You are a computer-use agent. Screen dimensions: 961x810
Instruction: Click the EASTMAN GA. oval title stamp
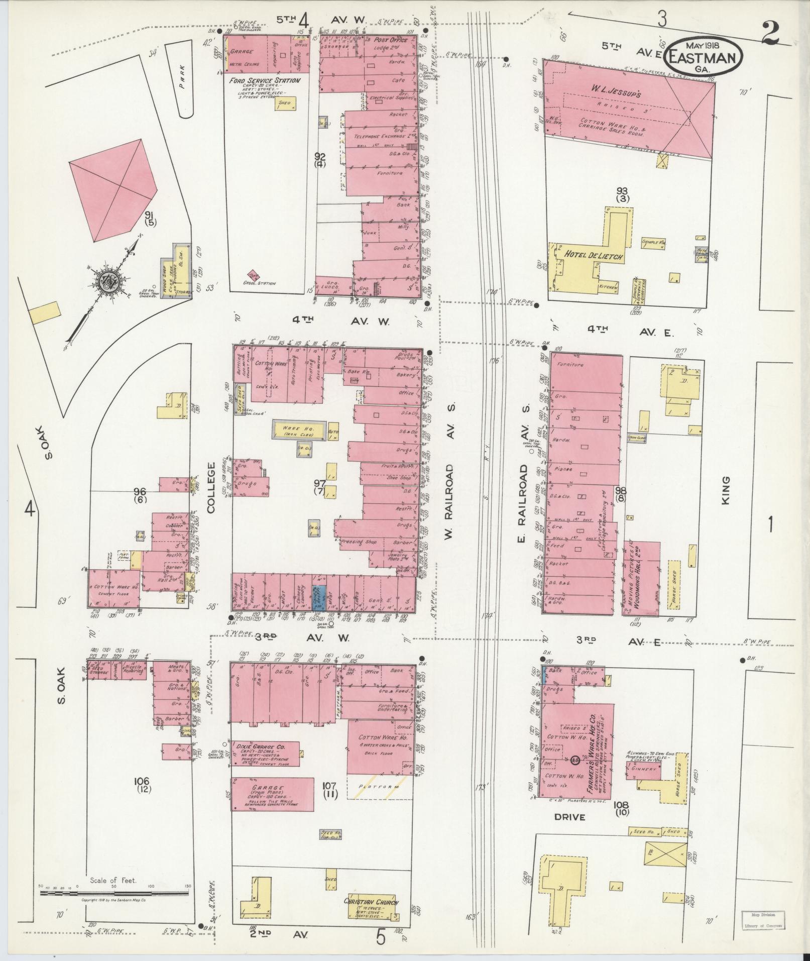704,57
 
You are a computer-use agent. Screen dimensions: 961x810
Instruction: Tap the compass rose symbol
107,279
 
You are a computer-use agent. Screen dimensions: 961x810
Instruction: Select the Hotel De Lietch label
594,257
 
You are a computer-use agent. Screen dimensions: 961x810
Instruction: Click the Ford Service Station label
264,80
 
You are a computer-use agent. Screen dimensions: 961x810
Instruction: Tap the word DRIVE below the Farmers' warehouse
569,817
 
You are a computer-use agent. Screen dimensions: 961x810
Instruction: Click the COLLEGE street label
210,487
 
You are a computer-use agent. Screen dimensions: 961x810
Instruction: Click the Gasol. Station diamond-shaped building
254,275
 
